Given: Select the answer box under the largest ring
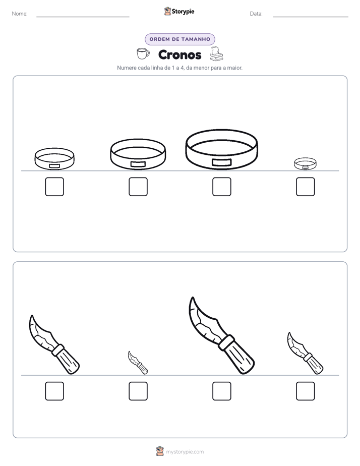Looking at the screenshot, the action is [x=221, y=187].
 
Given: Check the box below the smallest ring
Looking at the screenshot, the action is [x=306, y=187].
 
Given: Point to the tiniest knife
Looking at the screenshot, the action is [x=138, y=363].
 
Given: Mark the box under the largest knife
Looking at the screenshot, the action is [x=221, y=391].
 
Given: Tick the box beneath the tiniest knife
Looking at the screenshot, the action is [x=138, y=391].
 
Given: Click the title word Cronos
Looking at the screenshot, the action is [x=179, y=54].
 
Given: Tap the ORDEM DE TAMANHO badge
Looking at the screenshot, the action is [x=179, y=39].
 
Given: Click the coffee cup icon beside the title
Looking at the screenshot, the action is [x=143, y=54].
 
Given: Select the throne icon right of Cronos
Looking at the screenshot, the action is [x=216, y=54].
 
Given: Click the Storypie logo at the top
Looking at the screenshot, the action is [x=179, y=11].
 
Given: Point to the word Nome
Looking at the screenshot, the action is [x=19, y=14].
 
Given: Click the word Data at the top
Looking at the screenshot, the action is [x=256, y=14].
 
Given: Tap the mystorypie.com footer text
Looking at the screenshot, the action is [x=185, y=452].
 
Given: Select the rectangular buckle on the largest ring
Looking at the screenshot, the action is [x=221, y=162].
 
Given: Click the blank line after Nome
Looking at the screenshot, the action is [x=83, y=17].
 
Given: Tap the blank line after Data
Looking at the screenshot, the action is [x=311, y=17].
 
